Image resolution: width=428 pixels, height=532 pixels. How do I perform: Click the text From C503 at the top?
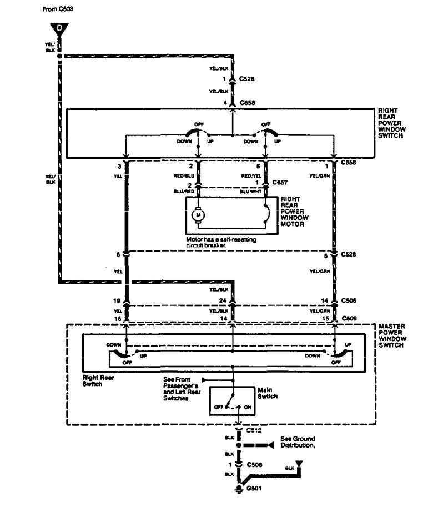54,9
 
